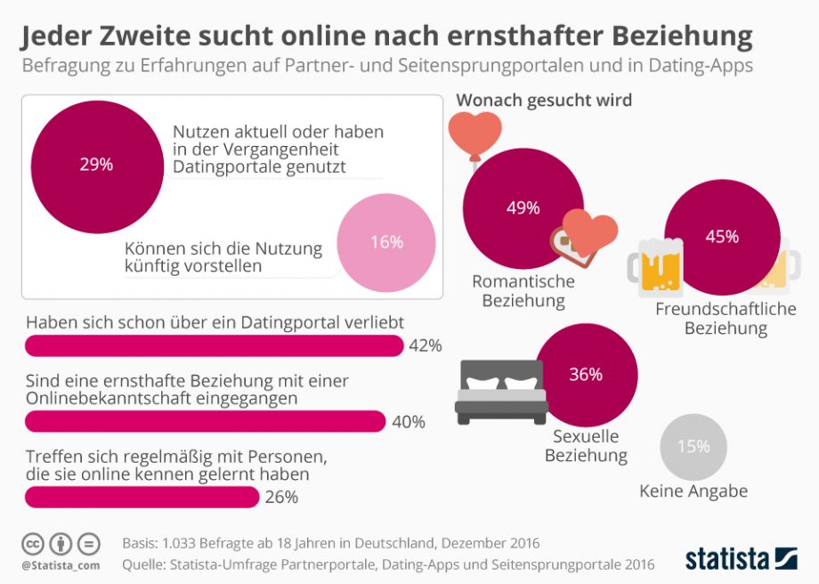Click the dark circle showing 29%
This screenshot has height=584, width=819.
(x=97, y=166)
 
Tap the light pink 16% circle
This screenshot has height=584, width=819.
(x=386, y=243)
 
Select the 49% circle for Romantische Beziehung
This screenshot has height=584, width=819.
(x=523, y=208)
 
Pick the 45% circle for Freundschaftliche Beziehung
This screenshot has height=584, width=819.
(x=721, y=237)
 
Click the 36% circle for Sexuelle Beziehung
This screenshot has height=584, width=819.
(x=586, y=375)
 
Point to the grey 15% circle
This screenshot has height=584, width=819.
(x=693, y=448)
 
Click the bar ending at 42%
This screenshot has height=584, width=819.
(x=214, y=345)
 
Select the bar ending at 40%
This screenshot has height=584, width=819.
(x=205, y=421)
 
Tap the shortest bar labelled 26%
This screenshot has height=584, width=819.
(x=142, y=497)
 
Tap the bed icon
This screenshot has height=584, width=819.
(x=500, y=391)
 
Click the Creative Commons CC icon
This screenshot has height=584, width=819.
(x=33, y=544)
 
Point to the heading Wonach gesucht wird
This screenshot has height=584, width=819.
(x=544, y=101)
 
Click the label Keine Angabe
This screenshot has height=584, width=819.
(x=693, y=491)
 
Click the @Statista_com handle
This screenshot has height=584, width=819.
(x=60, y=565)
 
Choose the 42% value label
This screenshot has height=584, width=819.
(x=426, y=346)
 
